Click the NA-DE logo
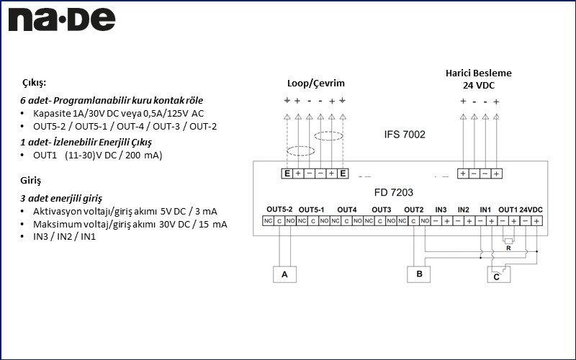61,19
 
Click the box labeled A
284,274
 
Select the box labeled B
418,274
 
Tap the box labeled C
497,276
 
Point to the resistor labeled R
508,241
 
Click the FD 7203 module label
394,192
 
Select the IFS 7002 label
405,134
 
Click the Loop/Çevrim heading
315,84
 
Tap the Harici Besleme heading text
478,73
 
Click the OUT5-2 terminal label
279,210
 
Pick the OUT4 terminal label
346,210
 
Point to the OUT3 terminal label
381,210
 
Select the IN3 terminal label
441,210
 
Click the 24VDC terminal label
531,210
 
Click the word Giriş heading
31,180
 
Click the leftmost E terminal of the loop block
287,174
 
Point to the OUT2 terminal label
414,210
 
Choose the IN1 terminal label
485,210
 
